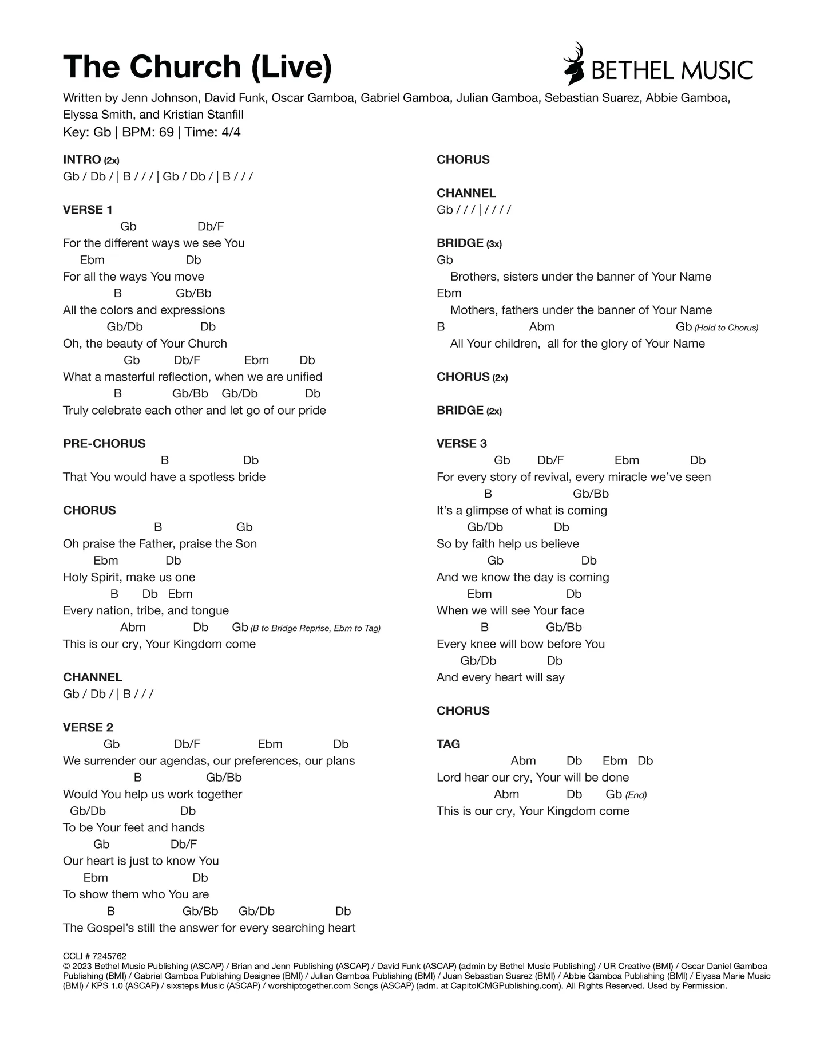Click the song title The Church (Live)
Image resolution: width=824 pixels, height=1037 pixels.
click(197, 66)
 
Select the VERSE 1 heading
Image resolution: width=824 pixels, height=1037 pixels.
click(88, 210)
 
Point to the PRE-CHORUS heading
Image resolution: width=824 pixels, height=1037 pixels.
click(104, 443)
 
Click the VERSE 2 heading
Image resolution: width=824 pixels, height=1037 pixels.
click(88, 727)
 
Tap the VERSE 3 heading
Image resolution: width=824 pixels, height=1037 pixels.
click(462, 443)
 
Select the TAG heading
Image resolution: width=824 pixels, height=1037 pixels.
click(448, 744)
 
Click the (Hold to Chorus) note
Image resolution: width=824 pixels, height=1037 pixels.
click(726, 328)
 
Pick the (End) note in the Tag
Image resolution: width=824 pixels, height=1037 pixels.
click(636, 795)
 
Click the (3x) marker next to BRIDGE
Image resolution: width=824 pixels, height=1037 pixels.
click(494, 244)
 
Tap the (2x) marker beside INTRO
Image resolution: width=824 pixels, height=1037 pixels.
click(112, 160)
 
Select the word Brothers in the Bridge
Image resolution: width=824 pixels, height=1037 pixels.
click(472, 277)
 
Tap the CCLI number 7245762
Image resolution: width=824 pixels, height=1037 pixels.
click(109, 956)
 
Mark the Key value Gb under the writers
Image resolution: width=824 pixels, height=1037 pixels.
click(102, 132)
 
